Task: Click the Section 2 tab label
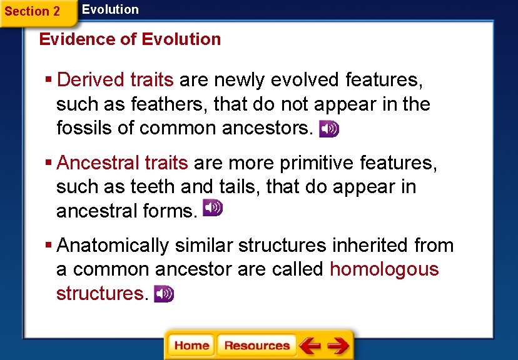[x=32, y=11]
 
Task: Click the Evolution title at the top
[x=110, y=9]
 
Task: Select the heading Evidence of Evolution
[x=129, y=39]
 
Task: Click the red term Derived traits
[x=114, y=80]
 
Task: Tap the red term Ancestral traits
[x=122, y=163]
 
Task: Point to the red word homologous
[x=384, y=269]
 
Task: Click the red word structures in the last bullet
[x=99, y=293]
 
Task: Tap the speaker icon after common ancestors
[x=329, y=129]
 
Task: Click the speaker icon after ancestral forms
[x=213, y=208]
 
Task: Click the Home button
[x=191, y=346]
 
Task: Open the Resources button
[x=256, y=346]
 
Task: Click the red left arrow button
[x=310, y=346]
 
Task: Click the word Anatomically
[x=113, y=246]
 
